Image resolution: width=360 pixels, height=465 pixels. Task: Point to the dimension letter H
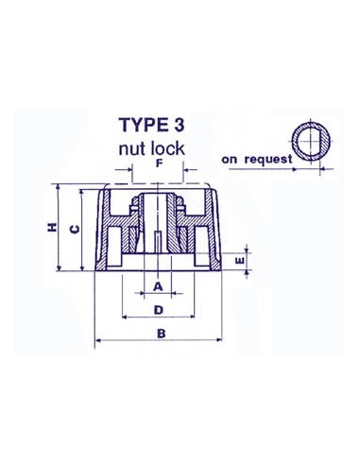pyautogui.click(x=53, y=227)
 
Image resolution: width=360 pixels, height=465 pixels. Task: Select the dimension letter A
pyautogui.click(x=159, y=284)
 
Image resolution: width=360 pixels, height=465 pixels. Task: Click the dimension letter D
pyautogui.click(x=159, y=308)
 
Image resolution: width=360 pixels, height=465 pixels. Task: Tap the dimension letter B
pyautogui.click(x=161, y=333)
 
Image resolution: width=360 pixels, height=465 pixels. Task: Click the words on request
pyautogui.click(x=257, y=160)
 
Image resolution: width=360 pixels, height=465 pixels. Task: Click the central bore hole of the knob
pyautogui.click(x=159, y=236)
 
